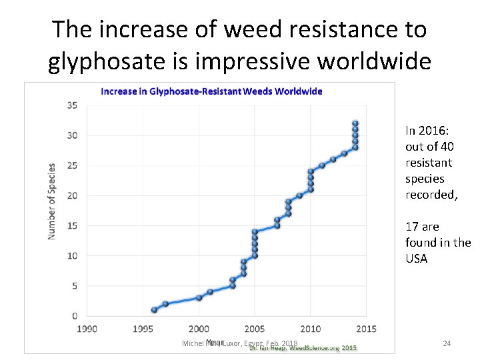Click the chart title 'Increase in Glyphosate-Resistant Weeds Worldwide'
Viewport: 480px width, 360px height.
click(x=211, y=91)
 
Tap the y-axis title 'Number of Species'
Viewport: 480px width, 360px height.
click(x=52, y=201)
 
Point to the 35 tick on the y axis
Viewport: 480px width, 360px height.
click(x=72, y=105)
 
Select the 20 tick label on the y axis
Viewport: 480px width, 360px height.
click(x=72, y=195)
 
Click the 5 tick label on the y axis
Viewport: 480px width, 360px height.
click(x=74, y=286)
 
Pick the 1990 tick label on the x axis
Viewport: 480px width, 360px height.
click(x=87, y=329)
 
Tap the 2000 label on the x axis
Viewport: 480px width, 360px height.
click(x=199, y=329)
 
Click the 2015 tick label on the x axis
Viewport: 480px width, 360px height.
click(x=366, y=329)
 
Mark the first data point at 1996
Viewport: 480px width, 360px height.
click(x=155, y=310)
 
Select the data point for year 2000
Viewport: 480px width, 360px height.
click(x=199, y=298)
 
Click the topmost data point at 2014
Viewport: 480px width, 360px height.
click(x=355, y=123)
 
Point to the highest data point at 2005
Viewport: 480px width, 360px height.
click(x=255, y=232)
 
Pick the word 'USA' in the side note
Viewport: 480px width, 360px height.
click(x=417, y=258)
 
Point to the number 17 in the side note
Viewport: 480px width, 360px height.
click(x=411, y=227)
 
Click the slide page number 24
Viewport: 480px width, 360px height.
click(x=447, y=343)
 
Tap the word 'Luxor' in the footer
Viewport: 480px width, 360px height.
click(x=231, y=343)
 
